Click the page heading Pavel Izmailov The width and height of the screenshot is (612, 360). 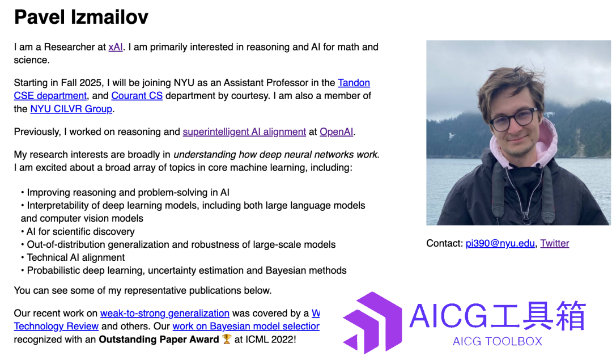tap(81, 17)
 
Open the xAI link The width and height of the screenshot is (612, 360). tap(116, 47)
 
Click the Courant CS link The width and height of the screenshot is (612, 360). tap(137, 96)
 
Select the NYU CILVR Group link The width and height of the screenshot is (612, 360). tap(71, 108)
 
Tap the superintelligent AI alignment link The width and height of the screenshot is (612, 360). tap(244, 132)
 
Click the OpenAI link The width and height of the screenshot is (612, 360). tap(337, 132)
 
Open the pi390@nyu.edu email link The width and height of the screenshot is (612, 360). tap(500, 243)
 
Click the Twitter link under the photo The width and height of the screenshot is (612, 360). tap(555, 243)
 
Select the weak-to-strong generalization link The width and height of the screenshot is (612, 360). tap(165, 313)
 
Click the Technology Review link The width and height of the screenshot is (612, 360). tap(56, 326)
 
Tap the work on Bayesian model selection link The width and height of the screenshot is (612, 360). tap(246, 326)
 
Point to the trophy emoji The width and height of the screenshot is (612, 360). tap(227, 339)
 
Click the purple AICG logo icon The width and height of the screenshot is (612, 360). tap(372, 323)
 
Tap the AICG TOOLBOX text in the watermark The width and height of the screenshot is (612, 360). tap(498, 341)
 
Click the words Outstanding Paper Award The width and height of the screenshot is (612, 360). tap(159, 339)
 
